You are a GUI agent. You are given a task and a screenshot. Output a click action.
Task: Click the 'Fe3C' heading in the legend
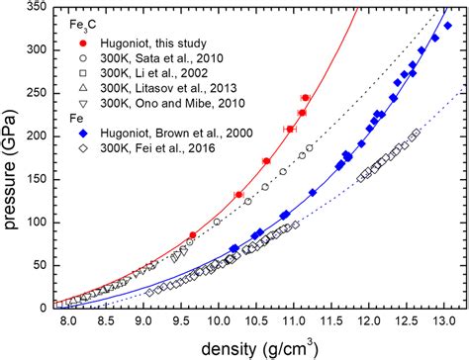click(81, 21)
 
